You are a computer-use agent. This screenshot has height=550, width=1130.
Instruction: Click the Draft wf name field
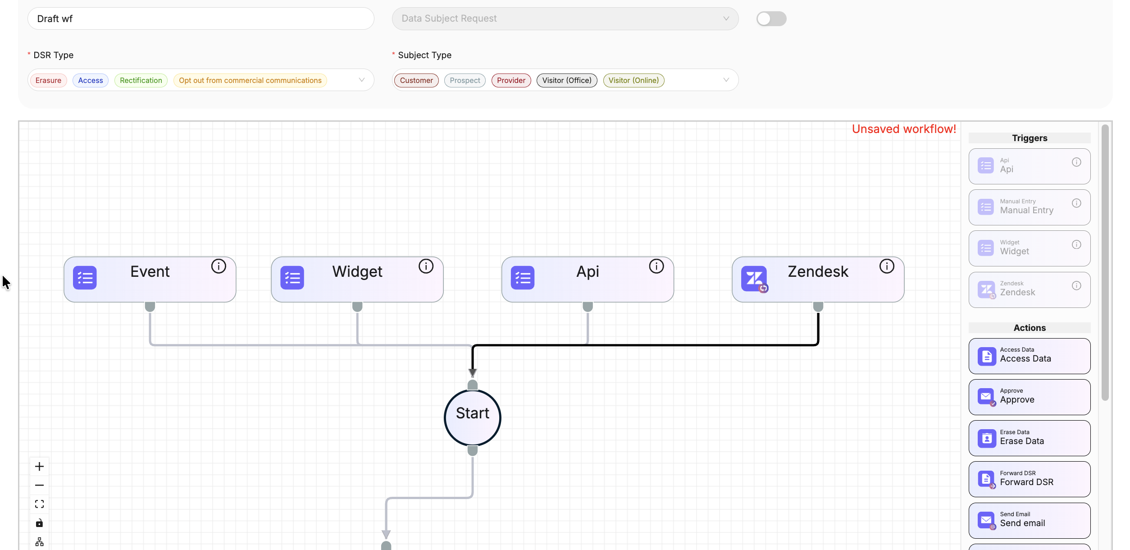[x=200, y=18]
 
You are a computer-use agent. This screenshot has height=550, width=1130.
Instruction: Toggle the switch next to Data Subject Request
[x=771, y=18]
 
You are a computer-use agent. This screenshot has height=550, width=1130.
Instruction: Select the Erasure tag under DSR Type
[x=48, y=80]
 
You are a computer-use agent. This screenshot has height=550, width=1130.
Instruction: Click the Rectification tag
[x=141, y=80]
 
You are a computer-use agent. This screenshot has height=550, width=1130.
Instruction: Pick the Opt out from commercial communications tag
[x=250, y=80]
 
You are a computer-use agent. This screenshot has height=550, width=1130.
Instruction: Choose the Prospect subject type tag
[x=465, y=80]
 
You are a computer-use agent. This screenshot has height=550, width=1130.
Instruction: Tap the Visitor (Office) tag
[x=567, y=80]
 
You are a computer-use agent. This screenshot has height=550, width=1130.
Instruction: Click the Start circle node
[x=473, y=417]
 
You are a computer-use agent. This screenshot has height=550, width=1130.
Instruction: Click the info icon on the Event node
[x=219, y=266]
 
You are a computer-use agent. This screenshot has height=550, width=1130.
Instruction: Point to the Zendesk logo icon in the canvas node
[x=754, y=279]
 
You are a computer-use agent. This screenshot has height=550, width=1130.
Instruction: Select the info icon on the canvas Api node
[x=656, y=266]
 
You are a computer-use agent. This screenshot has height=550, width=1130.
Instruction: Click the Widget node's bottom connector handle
[x=357, y=307]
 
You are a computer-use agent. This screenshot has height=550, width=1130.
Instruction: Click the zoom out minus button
[x=40, y=485]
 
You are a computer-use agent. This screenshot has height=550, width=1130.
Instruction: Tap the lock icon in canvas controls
[x=40, y=523]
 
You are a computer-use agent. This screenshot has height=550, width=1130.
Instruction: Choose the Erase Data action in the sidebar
[x=1030, y=438]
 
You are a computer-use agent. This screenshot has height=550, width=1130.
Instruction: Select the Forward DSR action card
[x=1030, y=479]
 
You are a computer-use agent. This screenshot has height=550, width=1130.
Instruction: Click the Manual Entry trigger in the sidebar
[x=1030, y=207]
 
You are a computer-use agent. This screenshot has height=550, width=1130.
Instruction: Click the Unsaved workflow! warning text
[x=904, y=129]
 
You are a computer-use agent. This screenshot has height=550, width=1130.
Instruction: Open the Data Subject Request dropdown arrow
[x=726, y=18]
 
